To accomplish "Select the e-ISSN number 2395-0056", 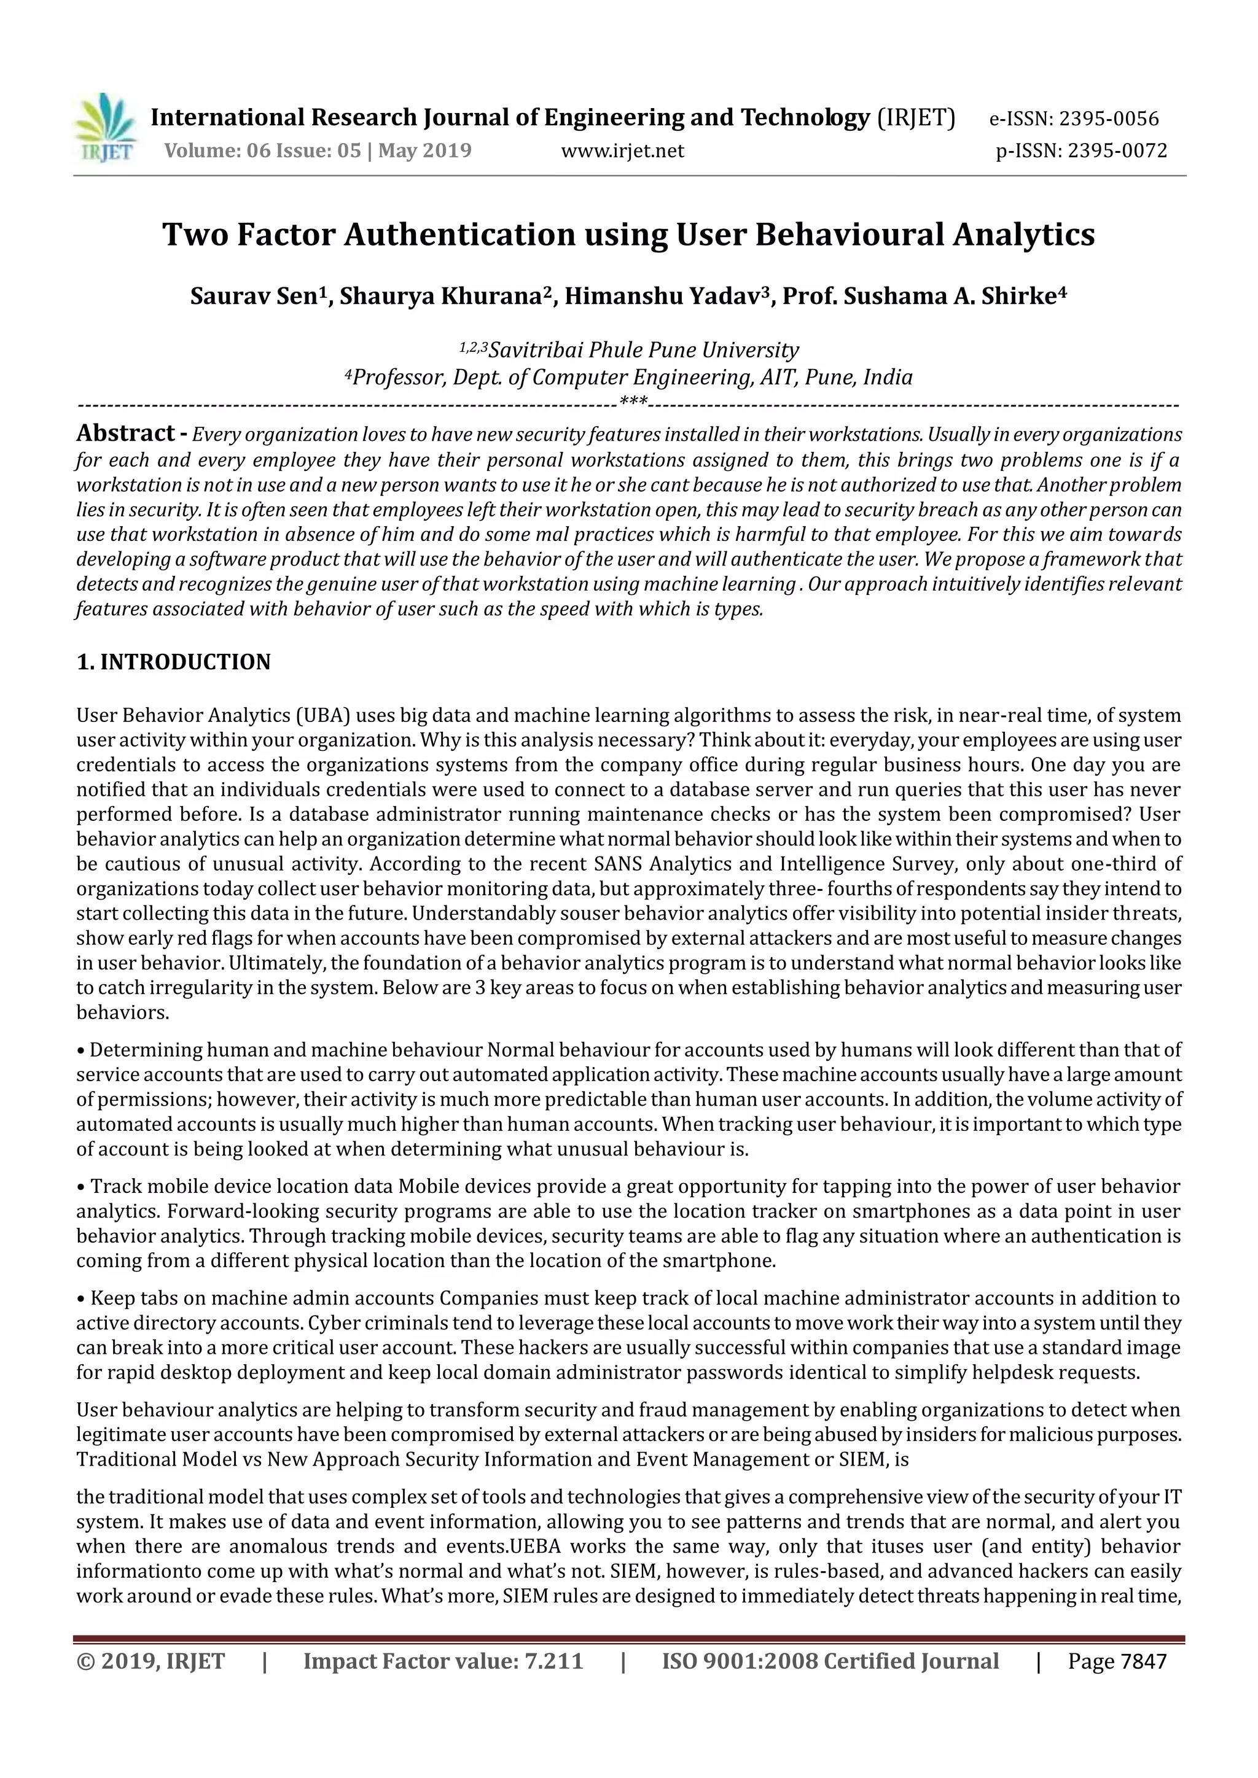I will [1109, 118].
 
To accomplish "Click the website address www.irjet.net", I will [622, 150].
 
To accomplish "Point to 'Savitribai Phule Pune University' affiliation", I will [643, 350].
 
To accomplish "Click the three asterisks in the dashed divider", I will [634, 402].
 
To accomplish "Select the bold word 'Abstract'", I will [125, 433].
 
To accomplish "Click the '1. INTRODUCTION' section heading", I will [173, 662].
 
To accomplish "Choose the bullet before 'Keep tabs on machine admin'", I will [80, 1299].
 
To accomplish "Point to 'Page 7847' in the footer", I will [1116, 1661].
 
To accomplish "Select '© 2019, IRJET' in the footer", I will [150, 1661].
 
